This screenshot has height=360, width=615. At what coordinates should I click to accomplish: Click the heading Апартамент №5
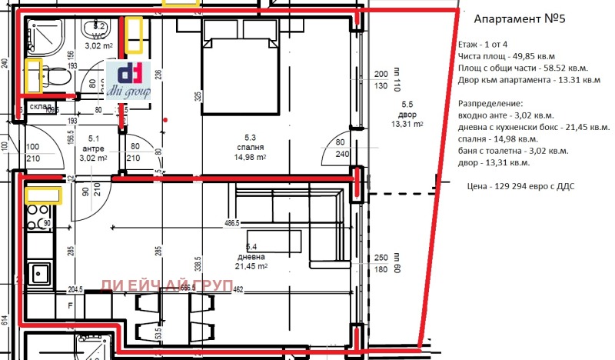point(519,18)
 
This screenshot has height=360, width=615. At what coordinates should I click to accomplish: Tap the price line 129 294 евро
point(520,186)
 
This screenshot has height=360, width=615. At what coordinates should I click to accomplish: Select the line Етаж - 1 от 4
point(485,47)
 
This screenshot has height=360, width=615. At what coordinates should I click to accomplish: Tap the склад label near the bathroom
point(41,106)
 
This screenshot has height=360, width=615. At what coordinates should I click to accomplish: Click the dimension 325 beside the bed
point(198,97)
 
